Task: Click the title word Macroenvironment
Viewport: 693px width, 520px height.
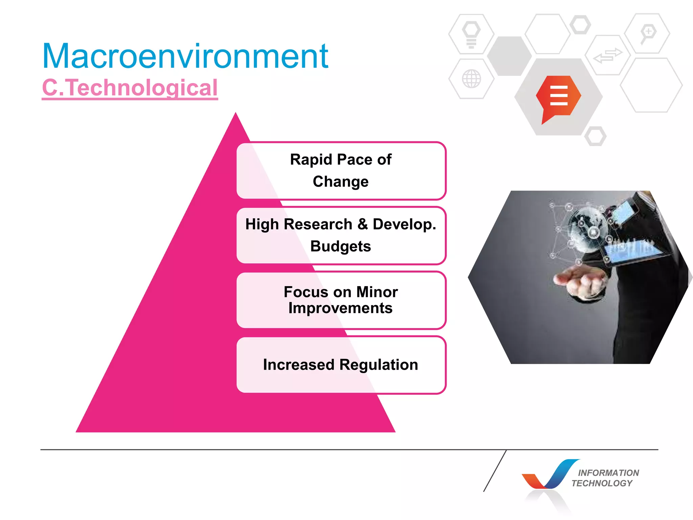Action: pyautogui.click(x=185, y=56)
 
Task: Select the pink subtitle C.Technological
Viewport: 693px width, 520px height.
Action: pyautogui.click(x=130, y=88)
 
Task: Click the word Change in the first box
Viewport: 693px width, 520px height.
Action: pyautogui.click(x=340, y=182)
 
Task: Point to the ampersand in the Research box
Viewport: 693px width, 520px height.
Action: pyautogui.click(x=362, y=224)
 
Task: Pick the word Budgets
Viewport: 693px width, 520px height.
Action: pyautogui.click(x=340, y=246)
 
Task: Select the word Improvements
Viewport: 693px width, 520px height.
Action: pyautogui.click(x=340, y=308)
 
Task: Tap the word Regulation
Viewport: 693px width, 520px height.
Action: pyautogui.click(x=379, y=365)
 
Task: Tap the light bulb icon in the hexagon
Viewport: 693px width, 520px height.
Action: pyautogui.click(x=471, y=34)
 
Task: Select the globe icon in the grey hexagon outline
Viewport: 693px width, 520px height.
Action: pyautogui.click(x=471, y=79)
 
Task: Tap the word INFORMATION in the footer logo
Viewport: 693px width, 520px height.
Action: pyautogui.click(x=608, y=473)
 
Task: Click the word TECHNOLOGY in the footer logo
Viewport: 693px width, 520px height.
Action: pyautogui.click(x=602, y=483)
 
